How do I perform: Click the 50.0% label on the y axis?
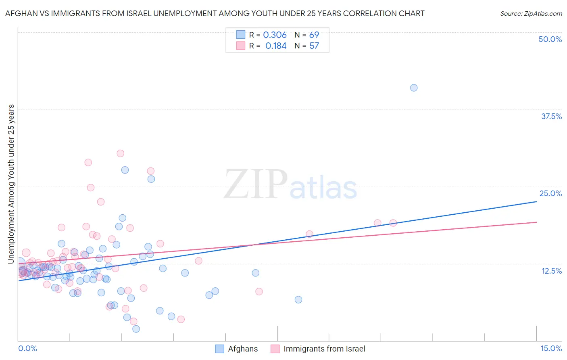[550, 39]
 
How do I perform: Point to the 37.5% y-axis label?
[551, 116]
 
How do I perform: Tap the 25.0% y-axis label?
[550, 193]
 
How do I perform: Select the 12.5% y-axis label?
[551, 271]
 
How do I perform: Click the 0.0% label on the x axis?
[27, 348]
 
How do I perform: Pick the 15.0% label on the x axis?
[551, 348]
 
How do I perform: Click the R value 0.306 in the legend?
[275, 35]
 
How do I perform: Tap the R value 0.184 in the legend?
[276, 46]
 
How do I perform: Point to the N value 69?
[314, 35]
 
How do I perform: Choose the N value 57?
[314, 46]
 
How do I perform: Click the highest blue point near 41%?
[414, 88]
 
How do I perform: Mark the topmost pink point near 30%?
[120, 153]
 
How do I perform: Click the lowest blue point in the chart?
[136, 329]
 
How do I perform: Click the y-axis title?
[11, 184]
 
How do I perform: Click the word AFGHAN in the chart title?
[19, 13]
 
